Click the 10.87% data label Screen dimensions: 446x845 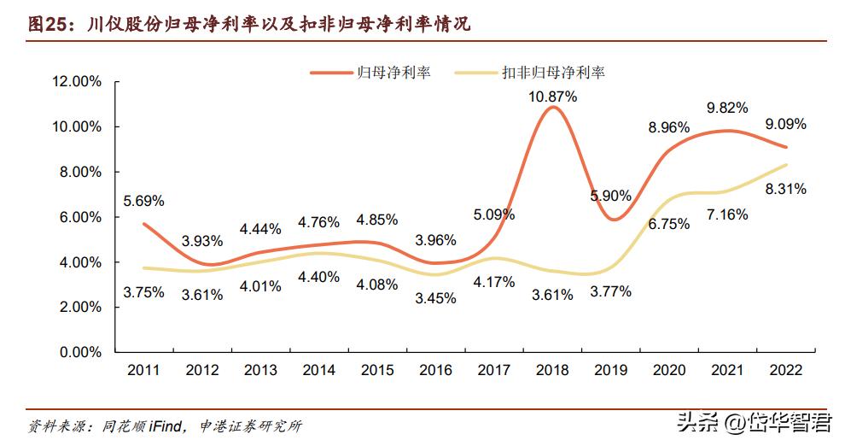tap(552, 97)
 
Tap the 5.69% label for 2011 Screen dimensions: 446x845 tap(144, 202)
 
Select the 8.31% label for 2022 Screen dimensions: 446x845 tap(786, 189)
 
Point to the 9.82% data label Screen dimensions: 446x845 tap(727, 108)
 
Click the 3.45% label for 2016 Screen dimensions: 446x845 tap(435, 299)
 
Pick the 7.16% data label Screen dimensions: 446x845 tap(727, 214)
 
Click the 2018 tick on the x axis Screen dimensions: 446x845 tap(552, 369)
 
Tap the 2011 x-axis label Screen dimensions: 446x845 tap(144, 369)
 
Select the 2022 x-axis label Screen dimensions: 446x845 tap(785, 369)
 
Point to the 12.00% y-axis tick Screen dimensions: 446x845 tap(77, 82)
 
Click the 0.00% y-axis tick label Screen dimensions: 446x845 tap(80, 352)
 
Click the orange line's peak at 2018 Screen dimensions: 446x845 tap(552, 107)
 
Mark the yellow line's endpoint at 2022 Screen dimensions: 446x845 tap(785, 165)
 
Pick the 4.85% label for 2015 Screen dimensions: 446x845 tap(377, 220)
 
